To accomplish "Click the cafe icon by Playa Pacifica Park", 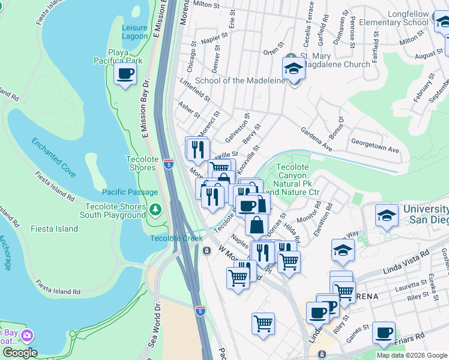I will [x=125, y=74].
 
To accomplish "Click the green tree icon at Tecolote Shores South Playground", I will [x=155, y=209].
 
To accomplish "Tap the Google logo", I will [x=20, y=353].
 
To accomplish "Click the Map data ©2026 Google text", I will [x=411, y=355].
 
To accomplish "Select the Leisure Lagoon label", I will [x=134, y=32].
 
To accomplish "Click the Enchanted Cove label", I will [x=54, y=158].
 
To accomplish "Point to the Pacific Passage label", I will [x=130, y=193].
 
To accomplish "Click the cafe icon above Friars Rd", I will [x=384, y=332].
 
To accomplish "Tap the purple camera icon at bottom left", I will [x=26, y=335].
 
